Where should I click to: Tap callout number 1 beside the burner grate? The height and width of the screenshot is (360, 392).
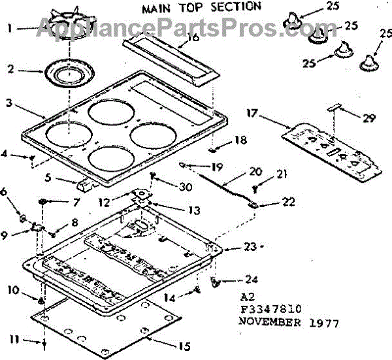9,29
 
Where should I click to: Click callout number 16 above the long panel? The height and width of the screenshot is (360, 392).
192,37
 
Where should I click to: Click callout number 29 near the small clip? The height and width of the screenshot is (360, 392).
369,118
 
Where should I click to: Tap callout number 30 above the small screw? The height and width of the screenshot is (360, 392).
186,186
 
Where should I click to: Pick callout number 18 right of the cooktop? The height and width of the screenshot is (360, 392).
241,140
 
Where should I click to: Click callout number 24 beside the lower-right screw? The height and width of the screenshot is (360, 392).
251,279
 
